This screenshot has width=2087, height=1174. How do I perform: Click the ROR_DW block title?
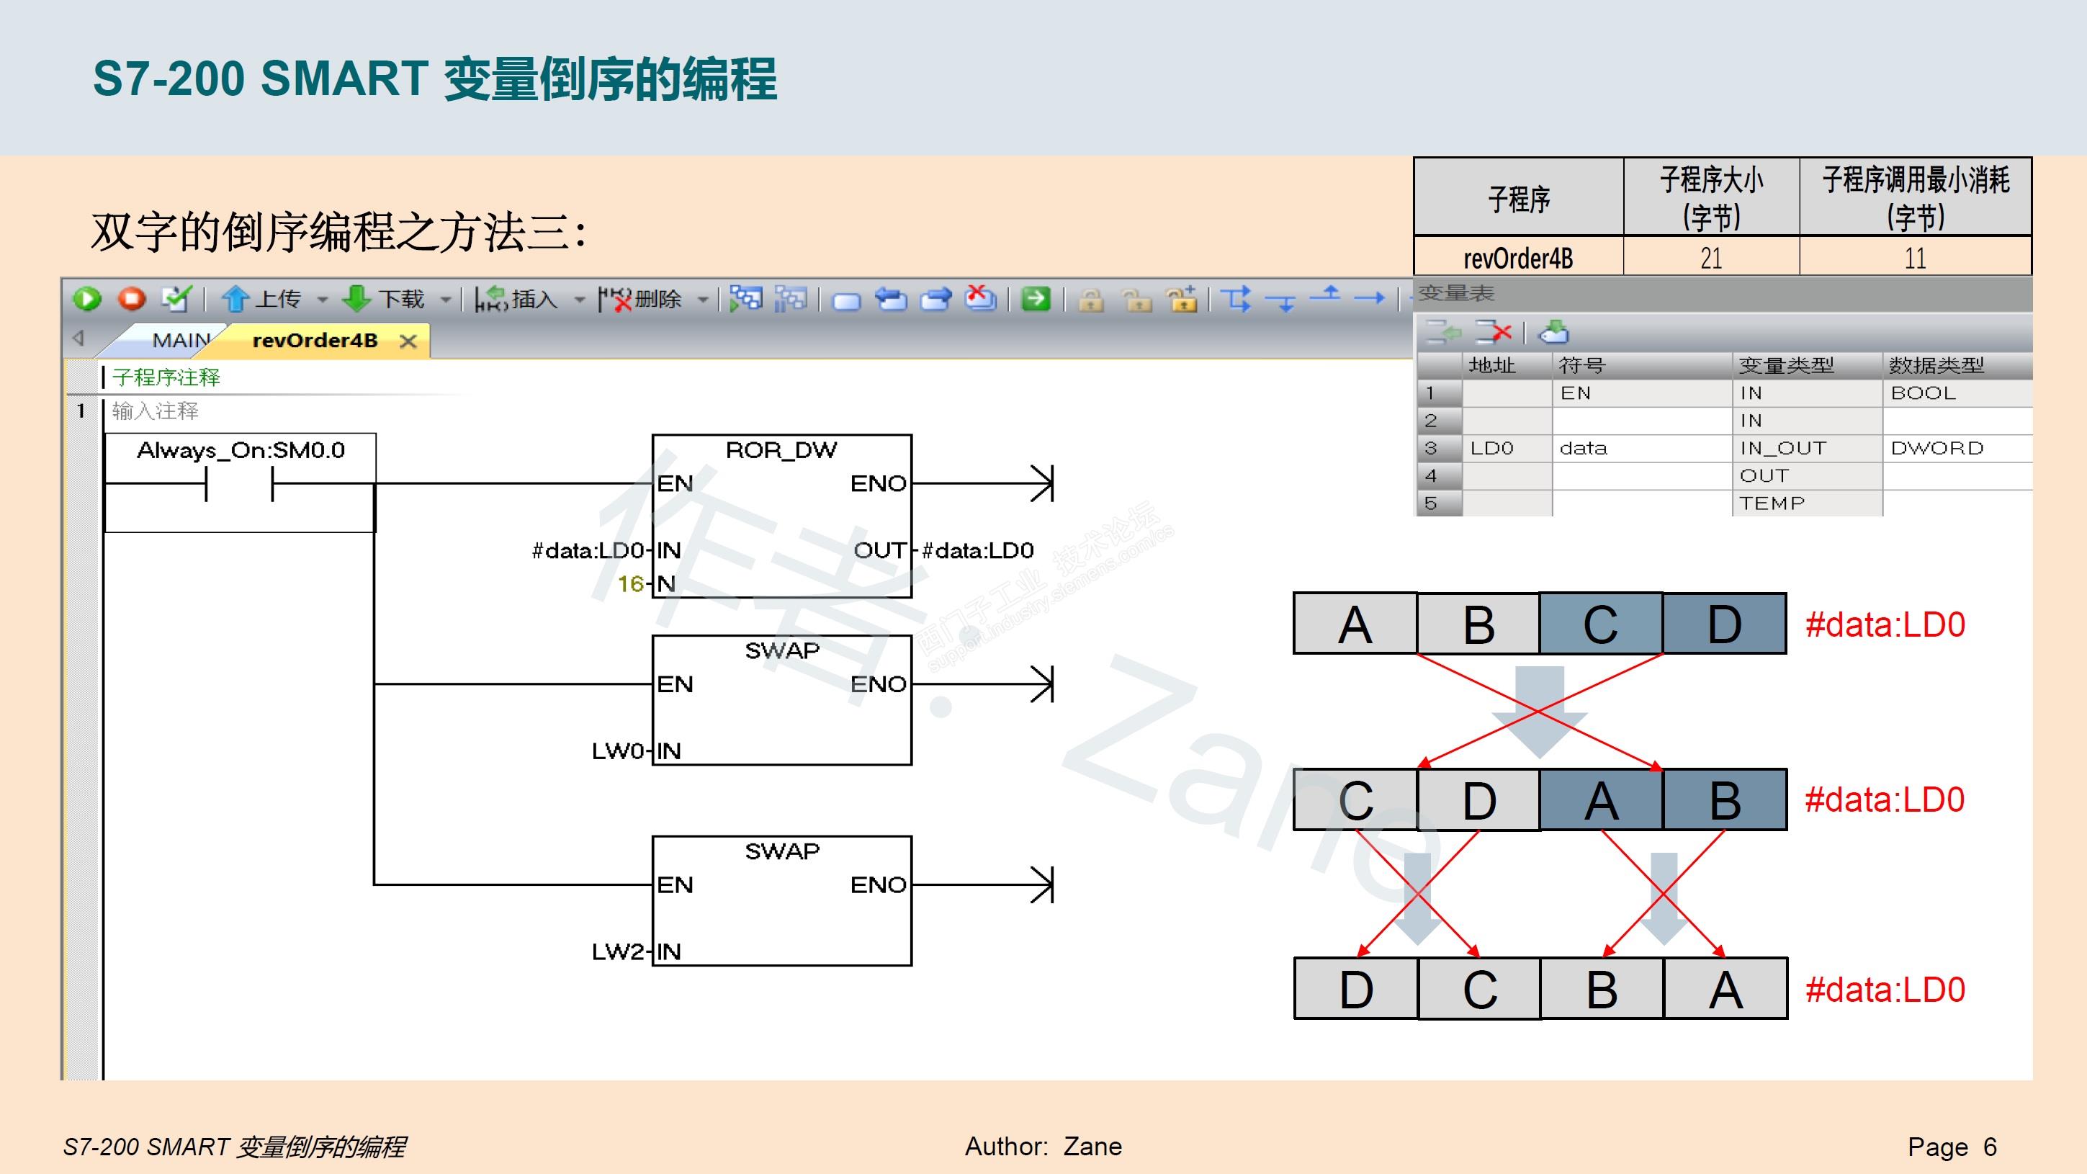pyautogui.click(x=781, y=450)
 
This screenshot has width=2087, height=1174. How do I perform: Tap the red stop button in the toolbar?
pyautogui.click(x=131, y=299)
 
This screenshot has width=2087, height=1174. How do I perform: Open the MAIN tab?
pyautogui.click(x=181, y=340)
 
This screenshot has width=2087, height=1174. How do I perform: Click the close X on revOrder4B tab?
pyautogui.click(x=408, y=341)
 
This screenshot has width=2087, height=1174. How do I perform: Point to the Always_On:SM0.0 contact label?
pyautogui.click(x=241, y=450)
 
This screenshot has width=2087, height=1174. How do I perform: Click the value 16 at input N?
pyautogui.click(x=630, y=583)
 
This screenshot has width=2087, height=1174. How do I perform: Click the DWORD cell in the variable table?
pyautogui.click(x=1936, y=448)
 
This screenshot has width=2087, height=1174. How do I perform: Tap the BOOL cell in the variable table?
pyautogui.click(x=1923, y=393)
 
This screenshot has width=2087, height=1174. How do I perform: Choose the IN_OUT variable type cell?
pyautogui.click(x=1782, y=448)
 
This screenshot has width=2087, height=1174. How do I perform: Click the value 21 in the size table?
pyautogui.click(x=1711, y=259)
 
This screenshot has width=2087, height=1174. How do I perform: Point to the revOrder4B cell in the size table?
pyautogui.click(x=1517, y=259)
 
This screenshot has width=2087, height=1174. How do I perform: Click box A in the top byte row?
pyautogui.click(x=1355, y=624)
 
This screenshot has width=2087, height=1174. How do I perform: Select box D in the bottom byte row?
pyautogui.click(x=1355, y=990)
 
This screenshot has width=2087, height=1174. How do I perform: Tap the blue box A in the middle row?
pyautogui.click(x=1601, y=800)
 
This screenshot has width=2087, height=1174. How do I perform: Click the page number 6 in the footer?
pyautogui.click(x=1990, y=1147)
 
